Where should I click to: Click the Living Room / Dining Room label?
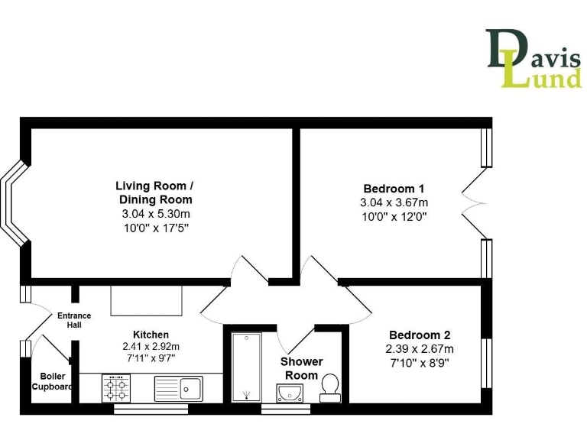tap(154, 192)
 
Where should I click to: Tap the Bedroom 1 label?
tap(394, 189)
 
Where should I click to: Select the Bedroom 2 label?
tap(419, 335)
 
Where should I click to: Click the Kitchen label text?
tap(151, 335)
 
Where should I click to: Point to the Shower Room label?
tap(301, 368)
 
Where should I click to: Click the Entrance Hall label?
tap(74, 320)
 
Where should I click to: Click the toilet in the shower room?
tap(331, 387)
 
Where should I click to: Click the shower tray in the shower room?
tap(246, 367)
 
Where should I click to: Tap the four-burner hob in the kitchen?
tap(116, 387)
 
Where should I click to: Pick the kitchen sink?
tap(179, 389)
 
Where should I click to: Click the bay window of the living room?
tap(12, 205)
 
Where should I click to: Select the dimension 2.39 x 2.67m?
tap(419, 349)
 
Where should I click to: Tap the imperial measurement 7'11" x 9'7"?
tap(151, 358)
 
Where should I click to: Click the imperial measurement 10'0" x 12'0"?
tap(394, 216)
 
